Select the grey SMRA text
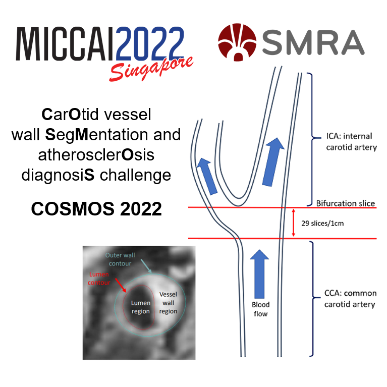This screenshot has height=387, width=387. coord(313,42)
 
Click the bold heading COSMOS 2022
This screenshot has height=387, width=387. coord(96,208)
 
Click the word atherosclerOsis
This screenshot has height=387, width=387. coord(95,155)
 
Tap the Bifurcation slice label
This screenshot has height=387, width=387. coord(346,203)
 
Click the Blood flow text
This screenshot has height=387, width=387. coord(261,309)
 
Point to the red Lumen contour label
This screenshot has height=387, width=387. coord(99,278)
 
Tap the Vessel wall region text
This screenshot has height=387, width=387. coord(169,303)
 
